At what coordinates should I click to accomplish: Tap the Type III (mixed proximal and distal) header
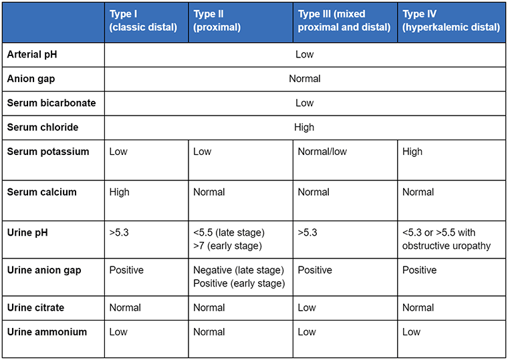click(344, 21)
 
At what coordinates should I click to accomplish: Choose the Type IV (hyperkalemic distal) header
click(451, 21)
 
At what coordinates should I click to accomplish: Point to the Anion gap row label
click(31, 79)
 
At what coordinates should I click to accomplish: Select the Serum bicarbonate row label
click(51, 103)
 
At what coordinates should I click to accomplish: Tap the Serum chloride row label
click(43, 127)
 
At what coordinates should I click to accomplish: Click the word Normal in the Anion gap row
click(305, 79)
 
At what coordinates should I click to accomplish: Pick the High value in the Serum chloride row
click(305, 127)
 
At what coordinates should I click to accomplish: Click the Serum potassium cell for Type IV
click(412, 152)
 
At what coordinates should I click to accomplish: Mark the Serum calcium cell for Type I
click(120, 192)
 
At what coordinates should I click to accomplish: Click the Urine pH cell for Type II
click(229, 239)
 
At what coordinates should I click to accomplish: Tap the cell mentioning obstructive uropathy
click(447, 239)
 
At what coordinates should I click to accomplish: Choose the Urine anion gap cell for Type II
click(239, 277)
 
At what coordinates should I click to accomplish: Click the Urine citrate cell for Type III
click(307, 308)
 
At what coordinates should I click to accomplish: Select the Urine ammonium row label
click(47, 331)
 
